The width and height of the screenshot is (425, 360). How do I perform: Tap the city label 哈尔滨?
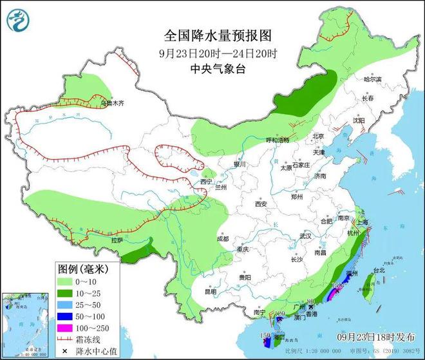tap(372, 79)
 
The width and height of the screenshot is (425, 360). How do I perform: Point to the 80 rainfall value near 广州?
tap(310, 301)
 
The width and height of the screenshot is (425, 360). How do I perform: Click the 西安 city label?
tap(260, 204)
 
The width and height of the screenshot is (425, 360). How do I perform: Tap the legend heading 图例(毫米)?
tap(82, 267)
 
